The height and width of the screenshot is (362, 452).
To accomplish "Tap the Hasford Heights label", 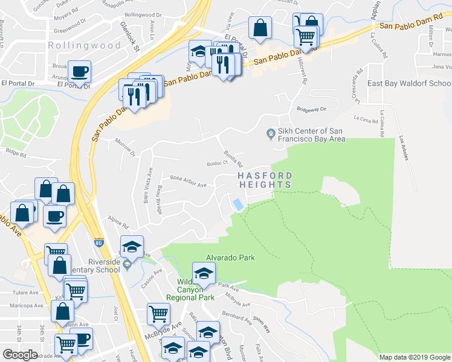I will click(264, 180).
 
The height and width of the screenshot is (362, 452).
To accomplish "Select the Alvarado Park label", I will click(231, 258).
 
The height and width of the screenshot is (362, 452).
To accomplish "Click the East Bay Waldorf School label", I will click(409, 84).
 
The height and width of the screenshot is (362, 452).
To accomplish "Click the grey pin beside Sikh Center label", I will click(270, 133).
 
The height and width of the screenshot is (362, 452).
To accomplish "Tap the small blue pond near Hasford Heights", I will click(239, 205).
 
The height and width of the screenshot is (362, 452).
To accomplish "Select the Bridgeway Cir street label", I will click(311, 109).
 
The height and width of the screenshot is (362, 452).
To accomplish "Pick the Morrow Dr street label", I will click(125, 147).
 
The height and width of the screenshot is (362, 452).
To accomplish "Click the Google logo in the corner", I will click(20, 355).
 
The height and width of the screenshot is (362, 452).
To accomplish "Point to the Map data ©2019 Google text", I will click(415, 357).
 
